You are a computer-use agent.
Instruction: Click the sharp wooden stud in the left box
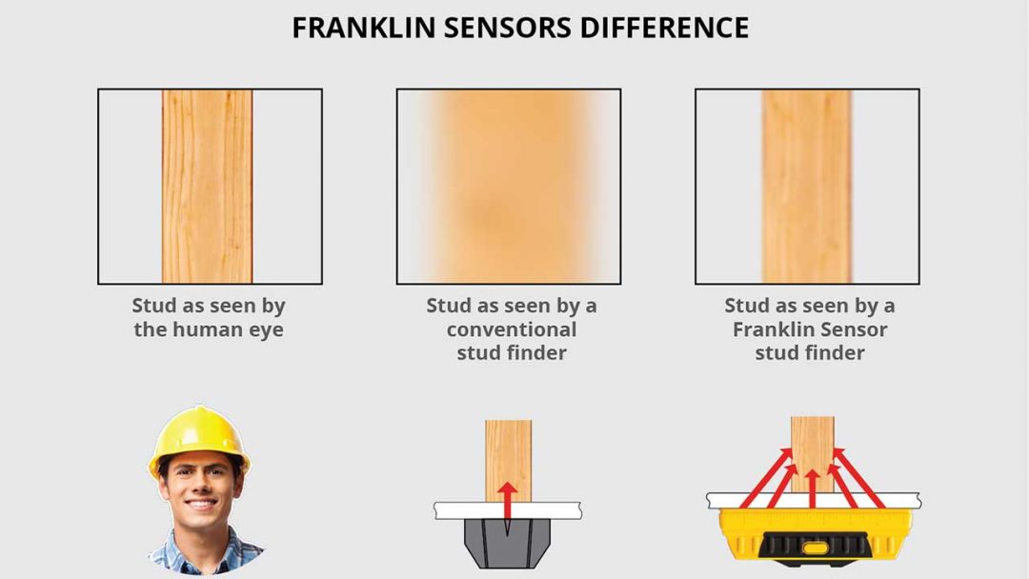(207, 187)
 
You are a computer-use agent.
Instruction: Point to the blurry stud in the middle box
(508, 187)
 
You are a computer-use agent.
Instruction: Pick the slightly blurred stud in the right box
(806, 187)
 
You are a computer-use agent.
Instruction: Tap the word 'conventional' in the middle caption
(511, 330)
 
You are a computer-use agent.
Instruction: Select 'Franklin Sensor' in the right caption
(809, 330)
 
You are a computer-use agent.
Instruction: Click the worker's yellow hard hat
(199, 435)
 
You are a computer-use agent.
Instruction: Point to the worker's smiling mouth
(200, 506)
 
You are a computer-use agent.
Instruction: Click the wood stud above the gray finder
(508, 452)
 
